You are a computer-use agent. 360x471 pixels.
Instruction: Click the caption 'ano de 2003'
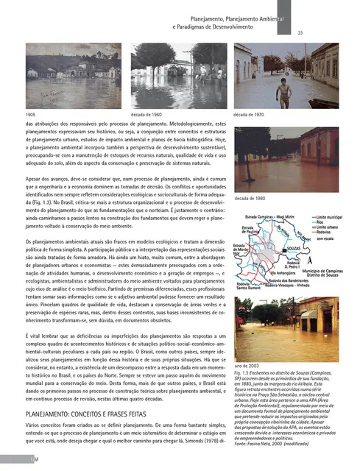[x=247, y=366]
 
